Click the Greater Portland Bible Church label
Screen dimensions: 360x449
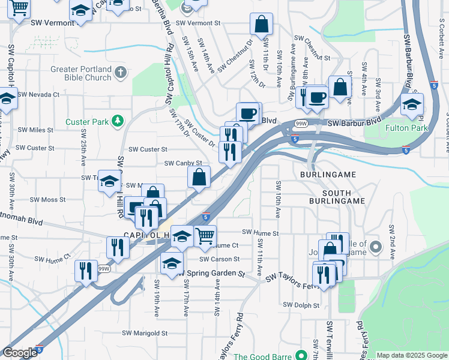tap(81, 73)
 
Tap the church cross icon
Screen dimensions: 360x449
tap(121, 73)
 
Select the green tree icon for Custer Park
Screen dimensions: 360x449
tap(118, 121)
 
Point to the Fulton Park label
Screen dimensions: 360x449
tap(423, 128)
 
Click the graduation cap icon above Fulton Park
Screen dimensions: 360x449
tap(412, 104)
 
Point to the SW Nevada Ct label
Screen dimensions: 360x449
tap(38, 94)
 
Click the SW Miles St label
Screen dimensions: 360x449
tap(35, 130)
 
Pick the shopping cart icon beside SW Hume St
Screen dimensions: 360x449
tap(205, 236)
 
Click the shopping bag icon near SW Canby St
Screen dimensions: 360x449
tap(199, 178)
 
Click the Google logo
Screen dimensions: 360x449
tap(20, 353)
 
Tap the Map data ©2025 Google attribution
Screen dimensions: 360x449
tap(412, 355)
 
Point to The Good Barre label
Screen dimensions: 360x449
tap(262, 356)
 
